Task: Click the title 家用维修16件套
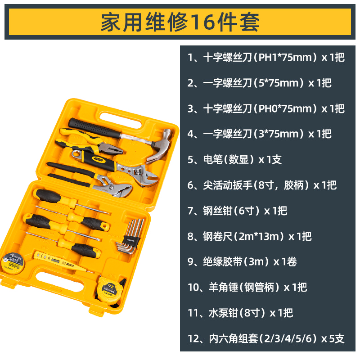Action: pyautogui.click(x=180, y=22)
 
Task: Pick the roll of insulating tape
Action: pyautogui.click(x=13, y=263)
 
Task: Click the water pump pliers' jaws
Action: pyautogui.click(x=117, y=189)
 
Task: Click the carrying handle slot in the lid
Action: pyautogui.click(x=121, y=120)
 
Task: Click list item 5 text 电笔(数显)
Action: pyautogui.click(x=229, y=159)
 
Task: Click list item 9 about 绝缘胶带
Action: pyautogui.click(x=242, y=261)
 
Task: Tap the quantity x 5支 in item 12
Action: pyautogui.click(x=333, y=338)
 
